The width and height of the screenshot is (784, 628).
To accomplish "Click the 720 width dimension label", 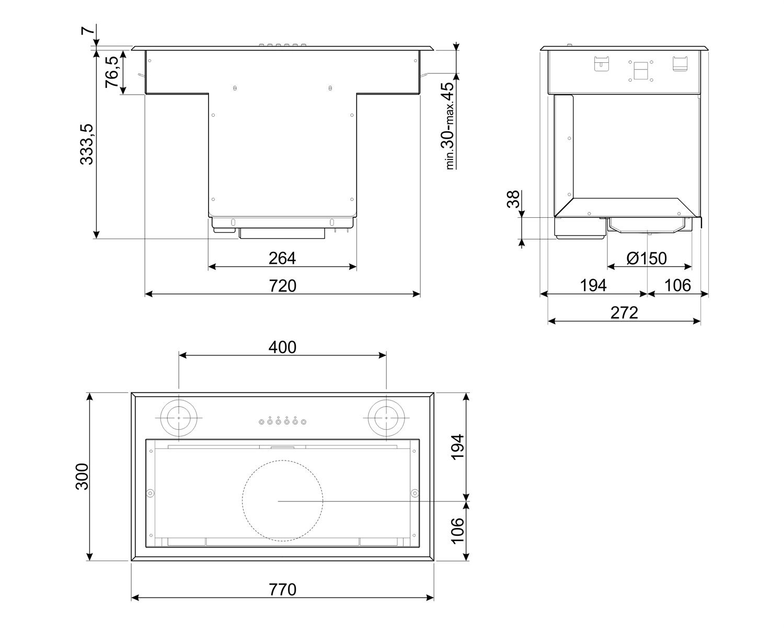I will [x=282, y=286].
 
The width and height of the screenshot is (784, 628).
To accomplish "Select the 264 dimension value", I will [x=282, y=258].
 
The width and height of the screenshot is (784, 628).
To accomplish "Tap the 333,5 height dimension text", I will [x=87, y=144].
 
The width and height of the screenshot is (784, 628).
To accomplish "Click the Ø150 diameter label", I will [x=646, y=258].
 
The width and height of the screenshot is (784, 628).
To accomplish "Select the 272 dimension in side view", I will [x=625, y=313].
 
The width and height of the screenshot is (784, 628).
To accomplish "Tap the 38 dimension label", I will [x=514, y=199].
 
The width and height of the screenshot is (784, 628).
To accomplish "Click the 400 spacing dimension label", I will [x=282, y=347].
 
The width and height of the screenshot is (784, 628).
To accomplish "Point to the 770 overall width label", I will [x=282, y=589].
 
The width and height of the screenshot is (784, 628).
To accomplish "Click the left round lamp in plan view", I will [x=179, y=419].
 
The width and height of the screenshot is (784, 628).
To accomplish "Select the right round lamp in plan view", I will [x=386, y=419].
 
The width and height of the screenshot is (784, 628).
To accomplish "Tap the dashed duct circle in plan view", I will [x=282, y=501].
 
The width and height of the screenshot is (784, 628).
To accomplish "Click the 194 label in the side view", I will [x=593, y=286].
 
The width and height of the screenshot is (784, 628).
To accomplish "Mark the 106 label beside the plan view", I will [x=457, y=531].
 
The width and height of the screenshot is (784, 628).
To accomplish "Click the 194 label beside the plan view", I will [x=457, y=446].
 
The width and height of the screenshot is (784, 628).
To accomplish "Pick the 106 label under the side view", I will [x=677, y=286].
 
